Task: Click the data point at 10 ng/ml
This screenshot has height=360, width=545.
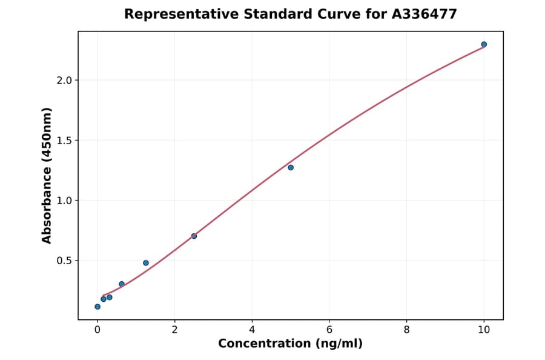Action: click(x=484, y=44)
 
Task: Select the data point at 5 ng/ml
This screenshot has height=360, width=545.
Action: click(x=291, y=167)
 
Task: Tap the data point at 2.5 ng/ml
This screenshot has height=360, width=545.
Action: click(x=194, y=236)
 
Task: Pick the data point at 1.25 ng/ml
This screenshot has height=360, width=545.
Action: click(x=146, y=263)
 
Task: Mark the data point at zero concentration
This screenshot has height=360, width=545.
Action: click(x=97, y=307)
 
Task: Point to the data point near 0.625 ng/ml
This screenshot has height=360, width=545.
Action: click(x=122, y=284)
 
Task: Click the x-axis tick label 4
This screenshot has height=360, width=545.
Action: click(x=252, y=330)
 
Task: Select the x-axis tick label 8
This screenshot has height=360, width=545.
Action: click(x=406, y=330)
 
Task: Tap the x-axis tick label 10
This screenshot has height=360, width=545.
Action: click(x=484, y=330)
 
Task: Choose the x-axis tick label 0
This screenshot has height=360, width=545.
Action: click(x=97, y=330)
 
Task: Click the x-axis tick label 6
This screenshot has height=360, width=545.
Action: click(x=329, y=330)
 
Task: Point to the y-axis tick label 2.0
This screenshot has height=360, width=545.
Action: click(x=64, y=81)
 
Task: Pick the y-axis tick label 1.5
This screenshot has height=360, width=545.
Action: click(x=64, y=141)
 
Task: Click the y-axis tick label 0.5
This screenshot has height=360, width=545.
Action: click(x=64, y=261)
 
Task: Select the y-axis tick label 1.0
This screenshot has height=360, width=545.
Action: click(x=64, y=201)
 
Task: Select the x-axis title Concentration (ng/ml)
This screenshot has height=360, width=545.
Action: click(x=290, y=344)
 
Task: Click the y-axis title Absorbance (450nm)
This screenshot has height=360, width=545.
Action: click(x=47, y=175)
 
